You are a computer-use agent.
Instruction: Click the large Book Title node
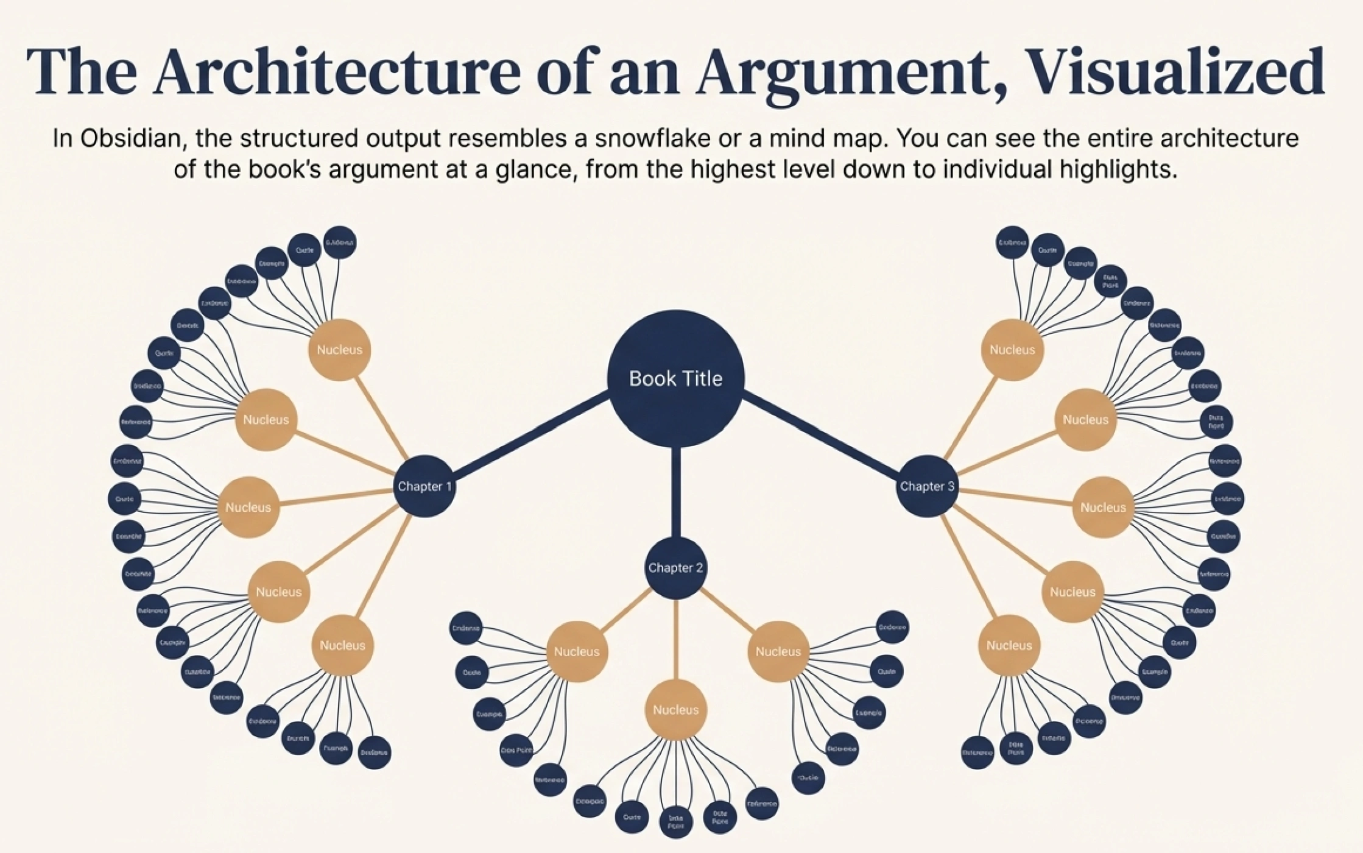675,378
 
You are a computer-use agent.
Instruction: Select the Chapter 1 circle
424,486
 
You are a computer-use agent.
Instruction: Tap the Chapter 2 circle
675,568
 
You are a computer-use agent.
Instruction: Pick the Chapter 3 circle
927,486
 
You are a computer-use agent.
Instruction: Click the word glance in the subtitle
536,169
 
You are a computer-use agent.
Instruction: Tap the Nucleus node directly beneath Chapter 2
675,710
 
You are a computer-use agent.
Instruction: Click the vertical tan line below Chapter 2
675,640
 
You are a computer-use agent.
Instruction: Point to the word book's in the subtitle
284,169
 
